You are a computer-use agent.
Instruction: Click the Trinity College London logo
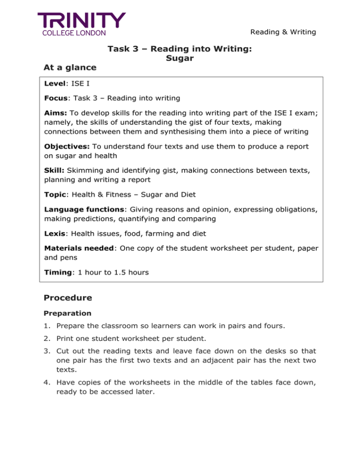[x=82, y=24]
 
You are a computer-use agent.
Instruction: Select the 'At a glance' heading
[x=70, y=68]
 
